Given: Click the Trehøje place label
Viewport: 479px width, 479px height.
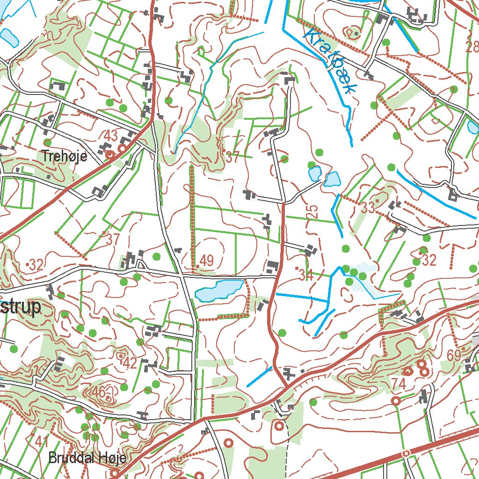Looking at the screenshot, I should (x=64, y=156).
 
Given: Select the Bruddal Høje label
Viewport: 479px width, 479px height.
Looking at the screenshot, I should (x=87, y=457).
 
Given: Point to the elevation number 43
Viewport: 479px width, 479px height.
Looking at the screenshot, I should (x=111, y=136).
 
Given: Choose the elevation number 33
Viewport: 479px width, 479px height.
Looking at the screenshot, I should (x=368, y=208).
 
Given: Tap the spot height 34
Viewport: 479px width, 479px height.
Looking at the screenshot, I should (x=306, y=276).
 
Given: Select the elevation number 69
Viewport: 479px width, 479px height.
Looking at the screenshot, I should (x=454, y=355).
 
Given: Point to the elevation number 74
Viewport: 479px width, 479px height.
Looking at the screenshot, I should (x=399, y=384).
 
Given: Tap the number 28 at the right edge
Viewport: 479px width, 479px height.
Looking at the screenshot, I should (x=472, y=46).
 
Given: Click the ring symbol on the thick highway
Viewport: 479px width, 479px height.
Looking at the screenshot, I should (x=406, y=453).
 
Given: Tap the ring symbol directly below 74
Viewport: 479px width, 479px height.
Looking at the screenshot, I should (x=396, y=401).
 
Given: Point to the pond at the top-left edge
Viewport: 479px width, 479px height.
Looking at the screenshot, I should (x=9, y=37).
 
